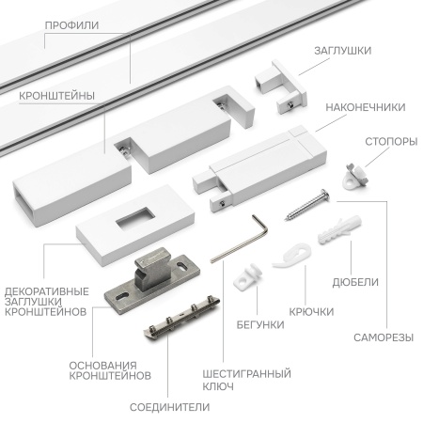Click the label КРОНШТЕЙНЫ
(54, 96)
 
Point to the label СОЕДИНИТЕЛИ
(170, 406)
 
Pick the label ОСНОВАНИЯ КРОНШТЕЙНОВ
(110, 369)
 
